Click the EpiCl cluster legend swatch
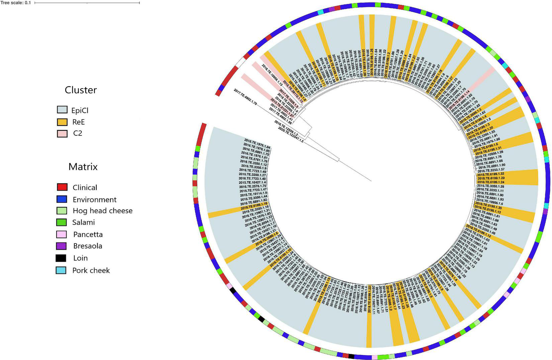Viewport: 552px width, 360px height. tap(62, 110)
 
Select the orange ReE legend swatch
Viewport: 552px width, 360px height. tap(62, 122)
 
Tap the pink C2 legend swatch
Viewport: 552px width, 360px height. tap(62, 133)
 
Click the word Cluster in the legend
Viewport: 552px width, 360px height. tap(81, 90)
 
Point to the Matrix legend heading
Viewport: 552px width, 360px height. tap(83, 166)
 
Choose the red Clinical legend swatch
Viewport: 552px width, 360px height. tap(62, 187)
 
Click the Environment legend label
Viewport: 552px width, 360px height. tap(94, 200)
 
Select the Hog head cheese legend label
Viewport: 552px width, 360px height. tap(102, 211)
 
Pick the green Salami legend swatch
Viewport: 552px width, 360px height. tap(62, 222)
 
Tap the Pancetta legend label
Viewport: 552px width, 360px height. tap(88, 234)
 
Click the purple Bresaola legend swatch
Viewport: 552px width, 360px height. tap(62, 246)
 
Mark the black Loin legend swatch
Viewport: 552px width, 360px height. tap(62, 258)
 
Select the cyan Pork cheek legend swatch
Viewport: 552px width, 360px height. tap(62, 270)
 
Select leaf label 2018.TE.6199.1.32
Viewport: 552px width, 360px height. tap(491, 174)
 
